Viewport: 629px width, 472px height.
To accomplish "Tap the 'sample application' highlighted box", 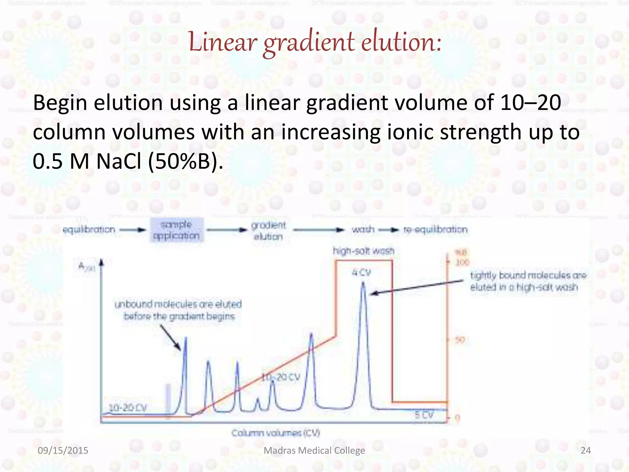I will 176,230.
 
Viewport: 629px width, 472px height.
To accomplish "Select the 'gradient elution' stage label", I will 268,231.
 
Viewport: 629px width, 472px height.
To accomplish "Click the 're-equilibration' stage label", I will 435,230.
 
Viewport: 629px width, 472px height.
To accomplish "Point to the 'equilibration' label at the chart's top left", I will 89,230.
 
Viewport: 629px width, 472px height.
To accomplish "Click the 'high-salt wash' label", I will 364,251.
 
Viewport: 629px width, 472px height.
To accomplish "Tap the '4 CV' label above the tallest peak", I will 361,272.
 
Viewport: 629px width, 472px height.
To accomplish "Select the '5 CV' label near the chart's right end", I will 424,415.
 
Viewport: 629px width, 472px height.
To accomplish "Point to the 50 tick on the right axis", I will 460,340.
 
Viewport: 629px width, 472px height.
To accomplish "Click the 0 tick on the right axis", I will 457,418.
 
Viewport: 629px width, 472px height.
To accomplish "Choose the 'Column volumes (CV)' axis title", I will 275,433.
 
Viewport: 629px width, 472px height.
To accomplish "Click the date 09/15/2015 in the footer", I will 63,450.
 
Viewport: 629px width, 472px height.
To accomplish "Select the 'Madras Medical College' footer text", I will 314,450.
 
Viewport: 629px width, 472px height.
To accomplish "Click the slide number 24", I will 586,450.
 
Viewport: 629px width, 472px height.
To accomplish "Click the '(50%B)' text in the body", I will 186,161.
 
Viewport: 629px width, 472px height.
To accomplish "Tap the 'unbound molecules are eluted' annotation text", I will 178,305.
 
